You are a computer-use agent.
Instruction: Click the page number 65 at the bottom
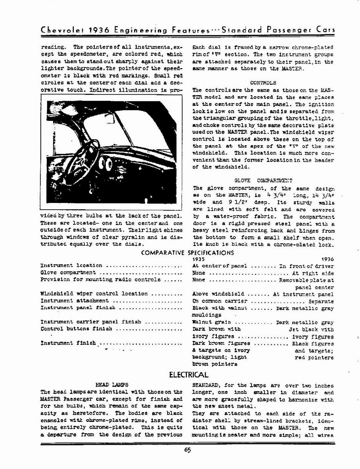pos(187,450)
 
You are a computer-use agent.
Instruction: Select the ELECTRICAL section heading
pos(189,375)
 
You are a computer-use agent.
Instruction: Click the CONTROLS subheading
pos(263,83)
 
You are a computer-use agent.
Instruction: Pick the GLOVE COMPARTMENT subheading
pos(263,181)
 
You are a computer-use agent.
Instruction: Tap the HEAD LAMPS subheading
pos(111,385)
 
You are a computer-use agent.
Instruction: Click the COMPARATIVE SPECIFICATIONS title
pos(187,252)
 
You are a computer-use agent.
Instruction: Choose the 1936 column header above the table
pos(328,259)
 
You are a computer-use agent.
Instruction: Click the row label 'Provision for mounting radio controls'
pos(100,279)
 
